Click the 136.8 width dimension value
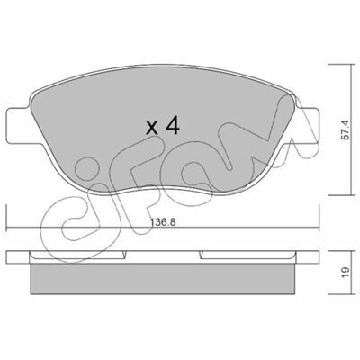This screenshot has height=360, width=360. coord(163,222)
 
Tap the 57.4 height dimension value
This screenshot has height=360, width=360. coord(346,130)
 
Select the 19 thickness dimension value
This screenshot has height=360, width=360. coord(346,272)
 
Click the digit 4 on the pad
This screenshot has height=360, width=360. coord(173,125)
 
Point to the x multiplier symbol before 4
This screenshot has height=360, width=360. coord(152,128)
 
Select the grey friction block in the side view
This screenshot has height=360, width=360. coord(162,279)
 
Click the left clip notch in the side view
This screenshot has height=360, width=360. coord(124,255)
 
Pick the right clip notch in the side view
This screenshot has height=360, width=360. coord(201,255)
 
